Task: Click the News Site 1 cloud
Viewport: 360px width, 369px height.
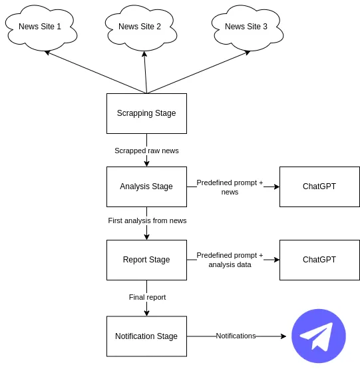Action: pos(40,27)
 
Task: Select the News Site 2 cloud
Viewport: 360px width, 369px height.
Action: pos(140,27)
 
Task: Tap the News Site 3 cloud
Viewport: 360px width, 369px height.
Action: pos(246,27)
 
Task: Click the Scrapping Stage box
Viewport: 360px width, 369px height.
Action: pos(146,113)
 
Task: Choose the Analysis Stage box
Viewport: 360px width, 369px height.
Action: pos(146,186)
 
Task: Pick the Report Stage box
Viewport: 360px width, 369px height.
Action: pos(146,260)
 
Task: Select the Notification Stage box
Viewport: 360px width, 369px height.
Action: pos(146,336)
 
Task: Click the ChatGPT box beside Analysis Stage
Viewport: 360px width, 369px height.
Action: pos(319,186)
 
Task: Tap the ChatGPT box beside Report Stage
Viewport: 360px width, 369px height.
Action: pos(319,260)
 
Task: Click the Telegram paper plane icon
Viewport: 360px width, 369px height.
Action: pos(319,336)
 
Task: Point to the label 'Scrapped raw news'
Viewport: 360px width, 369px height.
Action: pos(146,151)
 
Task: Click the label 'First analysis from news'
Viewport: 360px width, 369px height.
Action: pos(147,220)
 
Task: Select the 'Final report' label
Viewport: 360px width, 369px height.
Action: pos(147,297)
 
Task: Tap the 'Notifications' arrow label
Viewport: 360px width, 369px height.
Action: pos(236,336)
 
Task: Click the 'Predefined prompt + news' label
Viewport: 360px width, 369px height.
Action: pos(230,187)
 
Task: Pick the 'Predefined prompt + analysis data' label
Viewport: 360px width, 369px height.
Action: pos(230,260)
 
